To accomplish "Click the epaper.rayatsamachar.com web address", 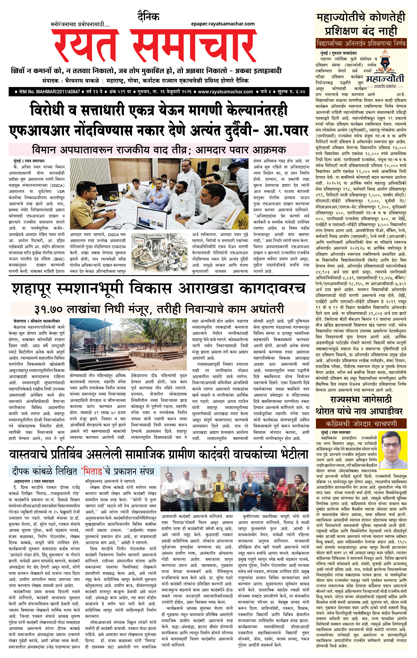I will pos(223,24).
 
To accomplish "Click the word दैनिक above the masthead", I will pos(148,17).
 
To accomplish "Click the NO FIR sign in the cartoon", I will pos(140,242).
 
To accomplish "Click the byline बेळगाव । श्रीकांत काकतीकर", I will pos(37,321).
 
